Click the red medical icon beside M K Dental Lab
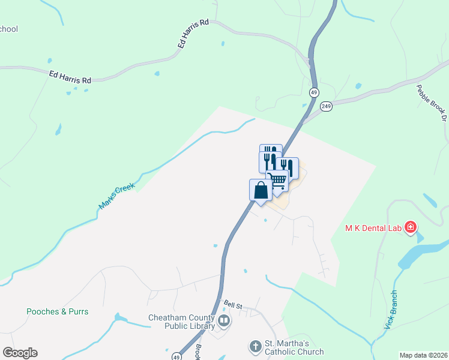coord(411,227)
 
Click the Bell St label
coord(233,305)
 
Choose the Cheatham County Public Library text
coord(181,322)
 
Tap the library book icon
coord(224,320)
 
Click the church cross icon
coord(255,347)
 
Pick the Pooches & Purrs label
coord(58,311)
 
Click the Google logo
coord(20,353)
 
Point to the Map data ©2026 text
coord(423,355)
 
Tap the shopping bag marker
coord(261,190)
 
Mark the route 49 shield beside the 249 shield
coord(314,92)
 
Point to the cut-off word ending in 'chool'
coord(8,29)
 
